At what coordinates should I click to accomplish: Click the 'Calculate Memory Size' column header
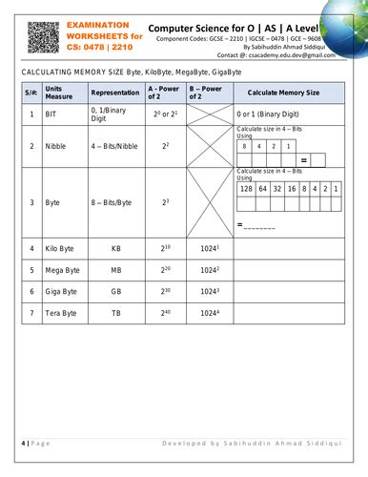coord(282,93)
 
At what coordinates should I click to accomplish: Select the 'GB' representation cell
coord(116,291)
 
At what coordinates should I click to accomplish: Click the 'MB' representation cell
coord(116,269)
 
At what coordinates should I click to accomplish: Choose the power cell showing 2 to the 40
coord(165,312)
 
